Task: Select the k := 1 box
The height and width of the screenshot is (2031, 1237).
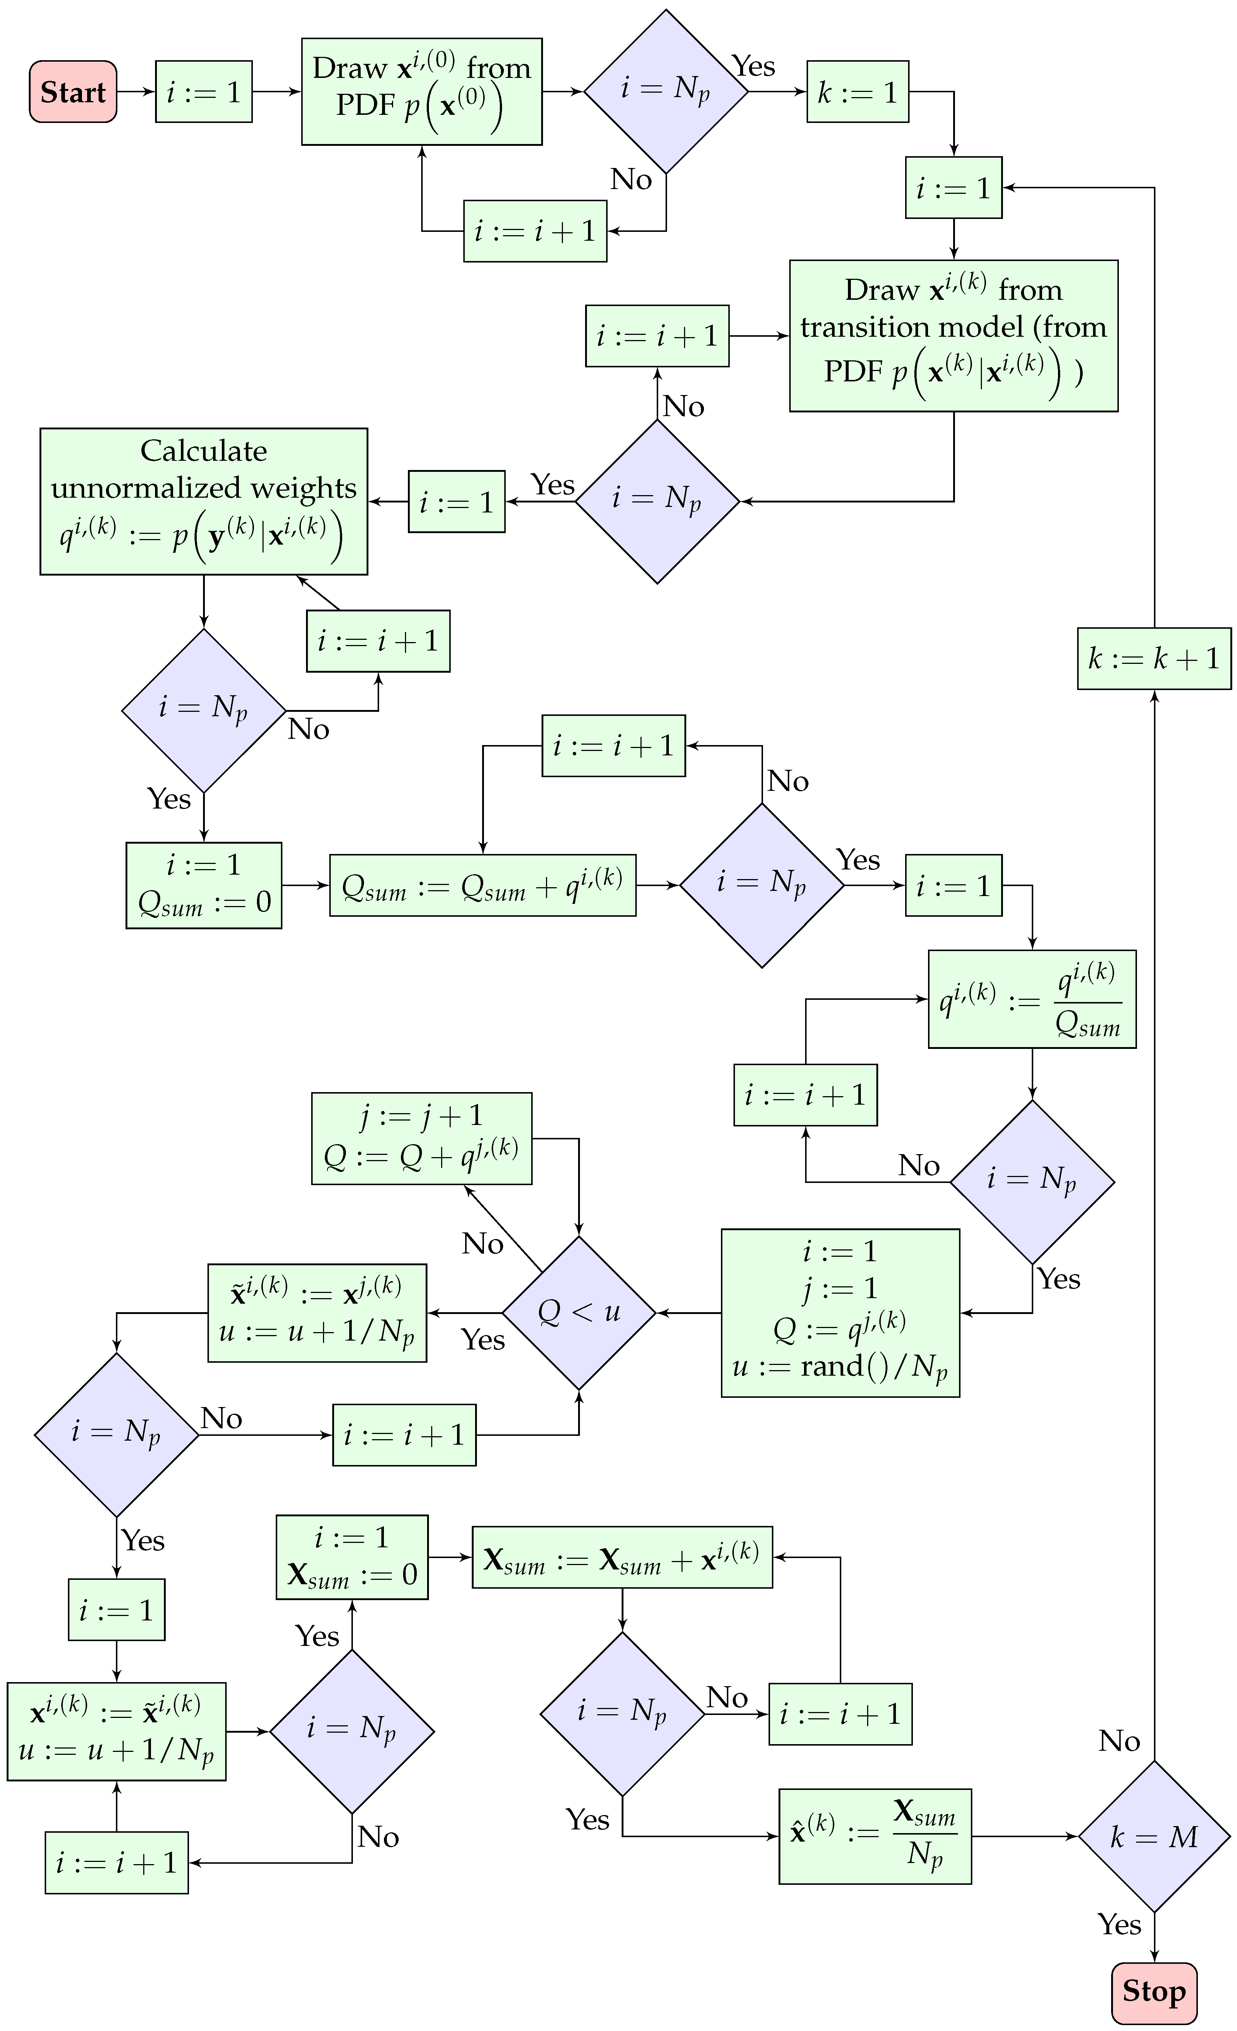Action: click(857, 92)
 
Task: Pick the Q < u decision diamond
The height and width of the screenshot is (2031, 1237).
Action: click(578, 1312)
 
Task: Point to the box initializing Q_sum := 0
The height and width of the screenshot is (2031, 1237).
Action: click(203, 885)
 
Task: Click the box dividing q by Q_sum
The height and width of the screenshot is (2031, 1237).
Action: click(1032, 999)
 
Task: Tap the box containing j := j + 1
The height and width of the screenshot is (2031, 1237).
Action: click(421, 1138)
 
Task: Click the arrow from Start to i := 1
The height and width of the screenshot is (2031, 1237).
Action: click(136, 92)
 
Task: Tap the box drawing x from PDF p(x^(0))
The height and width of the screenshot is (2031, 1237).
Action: click(421, 92)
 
